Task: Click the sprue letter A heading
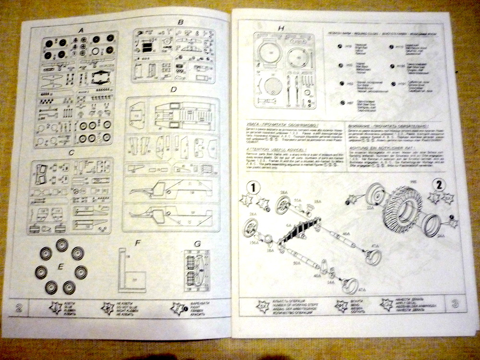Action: click(82, 31)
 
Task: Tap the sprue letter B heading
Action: click(180, 23)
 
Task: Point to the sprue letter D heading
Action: click(174, 90)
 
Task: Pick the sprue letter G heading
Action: click(197, 244)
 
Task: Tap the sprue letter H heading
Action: click(281, 28)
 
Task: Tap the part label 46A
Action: click(346, 233)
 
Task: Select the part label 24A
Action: click(441, 236)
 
